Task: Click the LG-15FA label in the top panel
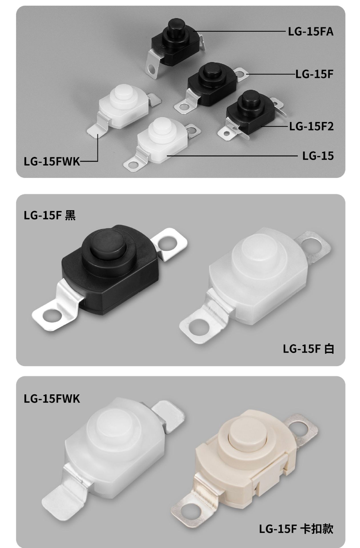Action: pos(311,31)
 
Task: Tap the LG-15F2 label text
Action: pos(311,126)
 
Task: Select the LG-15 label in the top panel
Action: pos(318,156)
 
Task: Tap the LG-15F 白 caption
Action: pos(308,349)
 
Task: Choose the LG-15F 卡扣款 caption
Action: pos(296,529)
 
